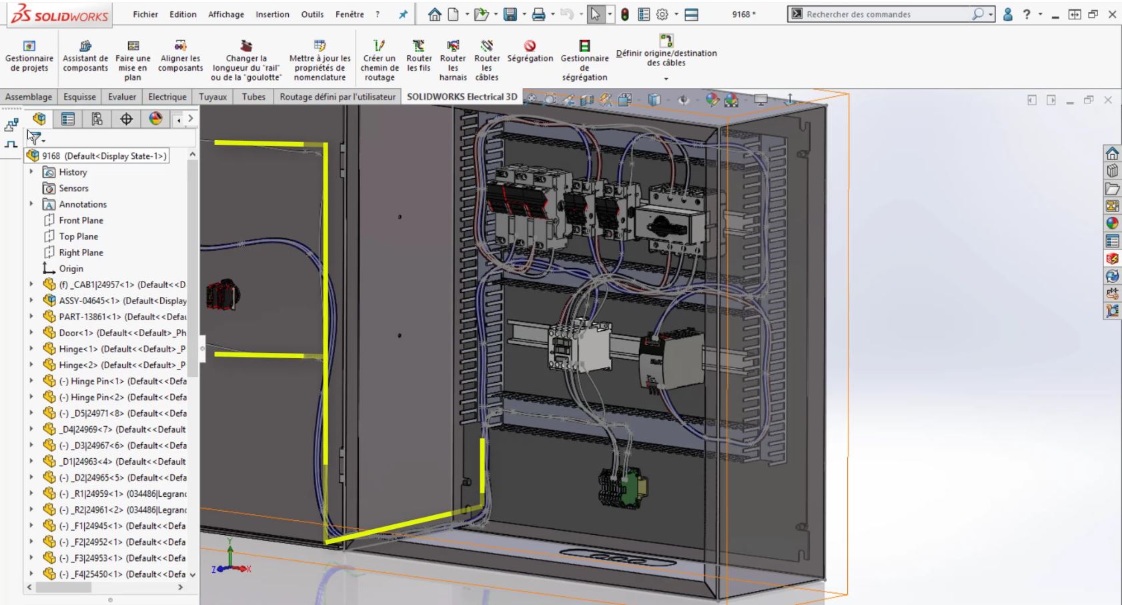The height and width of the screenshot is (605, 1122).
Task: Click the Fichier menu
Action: (145, 14)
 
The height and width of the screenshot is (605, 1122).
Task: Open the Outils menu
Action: (312, 14)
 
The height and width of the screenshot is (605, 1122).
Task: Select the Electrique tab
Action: (167, 97)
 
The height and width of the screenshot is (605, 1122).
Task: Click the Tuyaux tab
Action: (213, 97)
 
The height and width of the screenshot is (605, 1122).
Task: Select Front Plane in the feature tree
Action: (81, 220)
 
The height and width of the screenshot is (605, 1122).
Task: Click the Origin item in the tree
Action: (71, 268)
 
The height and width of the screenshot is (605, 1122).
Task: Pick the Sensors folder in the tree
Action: (73, 188)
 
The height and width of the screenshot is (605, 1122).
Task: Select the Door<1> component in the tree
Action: (122, 333)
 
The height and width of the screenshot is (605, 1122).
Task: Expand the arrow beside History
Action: (31, 172)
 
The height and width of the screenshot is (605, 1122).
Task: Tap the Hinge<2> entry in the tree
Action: (122, 365)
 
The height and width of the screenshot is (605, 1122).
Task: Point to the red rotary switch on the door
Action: (223, 294)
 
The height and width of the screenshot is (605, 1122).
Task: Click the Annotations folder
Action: (82, 204)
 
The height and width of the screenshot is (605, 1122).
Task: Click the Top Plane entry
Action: (78, 236)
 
